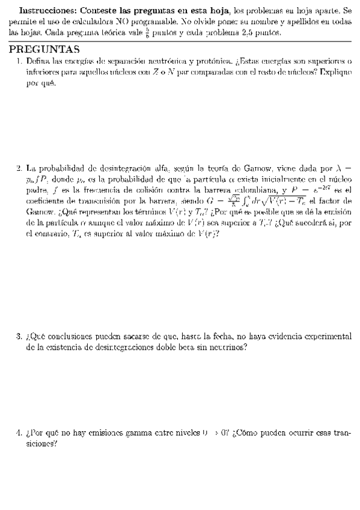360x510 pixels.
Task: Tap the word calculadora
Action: [x=87, y=22]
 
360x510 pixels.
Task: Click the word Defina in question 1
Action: [x=39, y=61]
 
